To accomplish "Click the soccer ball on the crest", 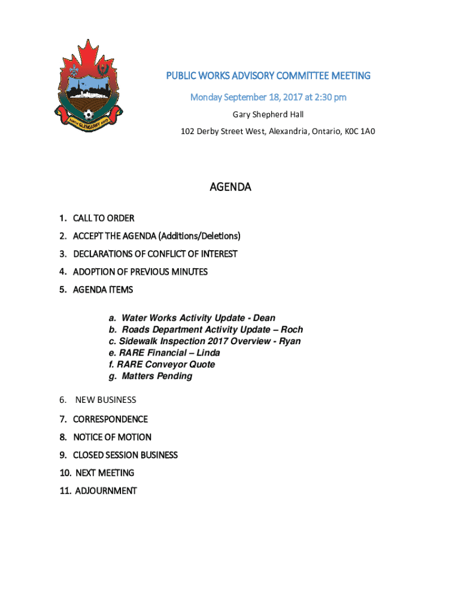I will (88, 113).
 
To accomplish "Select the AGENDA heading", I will (230, 187).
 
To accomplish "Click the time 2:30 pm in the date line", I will (329, 97).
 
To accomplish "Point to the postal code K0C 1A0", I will (358, 131).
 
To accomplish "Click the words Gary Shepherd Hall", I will (268, 114).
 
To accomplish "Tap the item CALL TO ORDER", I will (104, 218).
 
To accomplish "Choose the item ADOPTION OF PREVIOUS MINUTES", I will (140, 272).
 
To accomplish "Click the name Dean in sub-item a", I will (264, 318).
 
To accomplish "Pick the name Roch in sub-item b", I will (292, 329).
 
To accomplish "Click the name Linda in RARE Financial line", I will (208, 353).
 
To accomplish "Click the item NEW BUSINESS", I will (105, 400).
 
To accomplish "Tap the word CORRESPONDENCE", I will (110, 419).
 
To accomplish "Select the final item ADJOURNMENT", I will (105, 491).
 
